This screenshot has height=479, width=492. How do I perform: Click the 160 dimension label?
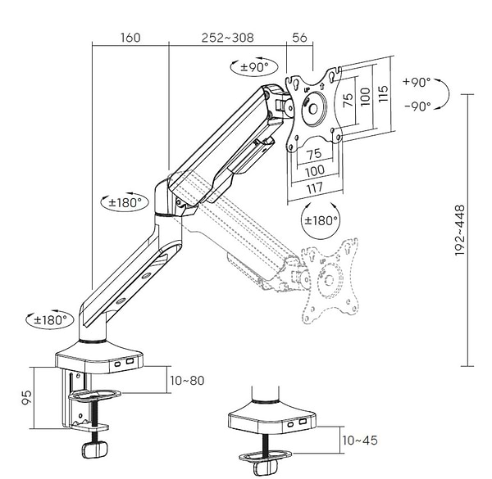click(x=130, y=38)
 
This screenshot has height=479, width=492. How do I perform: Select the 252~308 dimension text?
click(x=228, y=38)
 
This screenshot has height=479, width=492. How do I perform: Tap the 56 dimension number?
click(x=299, y=38)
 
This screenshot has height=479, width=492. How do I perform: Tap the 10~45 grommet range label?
click(x=359, y=441)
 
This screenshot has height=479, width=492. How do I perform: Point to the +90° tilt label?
click(x=417, y=82)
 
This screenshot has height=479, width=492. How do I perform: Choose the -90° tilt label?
click(x=417, y=106)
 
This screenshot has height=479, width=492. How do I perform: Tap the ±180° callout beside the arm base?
click(x=50, y=319)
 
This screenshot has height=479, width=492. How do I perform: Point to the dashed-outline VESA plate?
click(x=330, y=278)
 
